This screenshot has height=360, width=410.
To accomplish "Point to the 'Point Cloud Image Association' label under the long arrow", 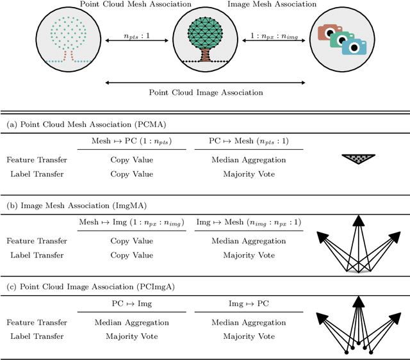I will point(206,92).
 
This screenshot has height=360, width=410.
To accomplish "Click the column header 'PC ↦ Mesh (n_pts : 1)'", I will point(248,140).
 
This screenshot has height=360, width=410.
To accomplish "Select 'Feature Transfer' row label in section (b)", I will point(37,241).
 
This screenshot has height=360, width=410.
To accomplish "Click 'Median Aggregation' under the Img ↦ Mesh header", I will point(249,241).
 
